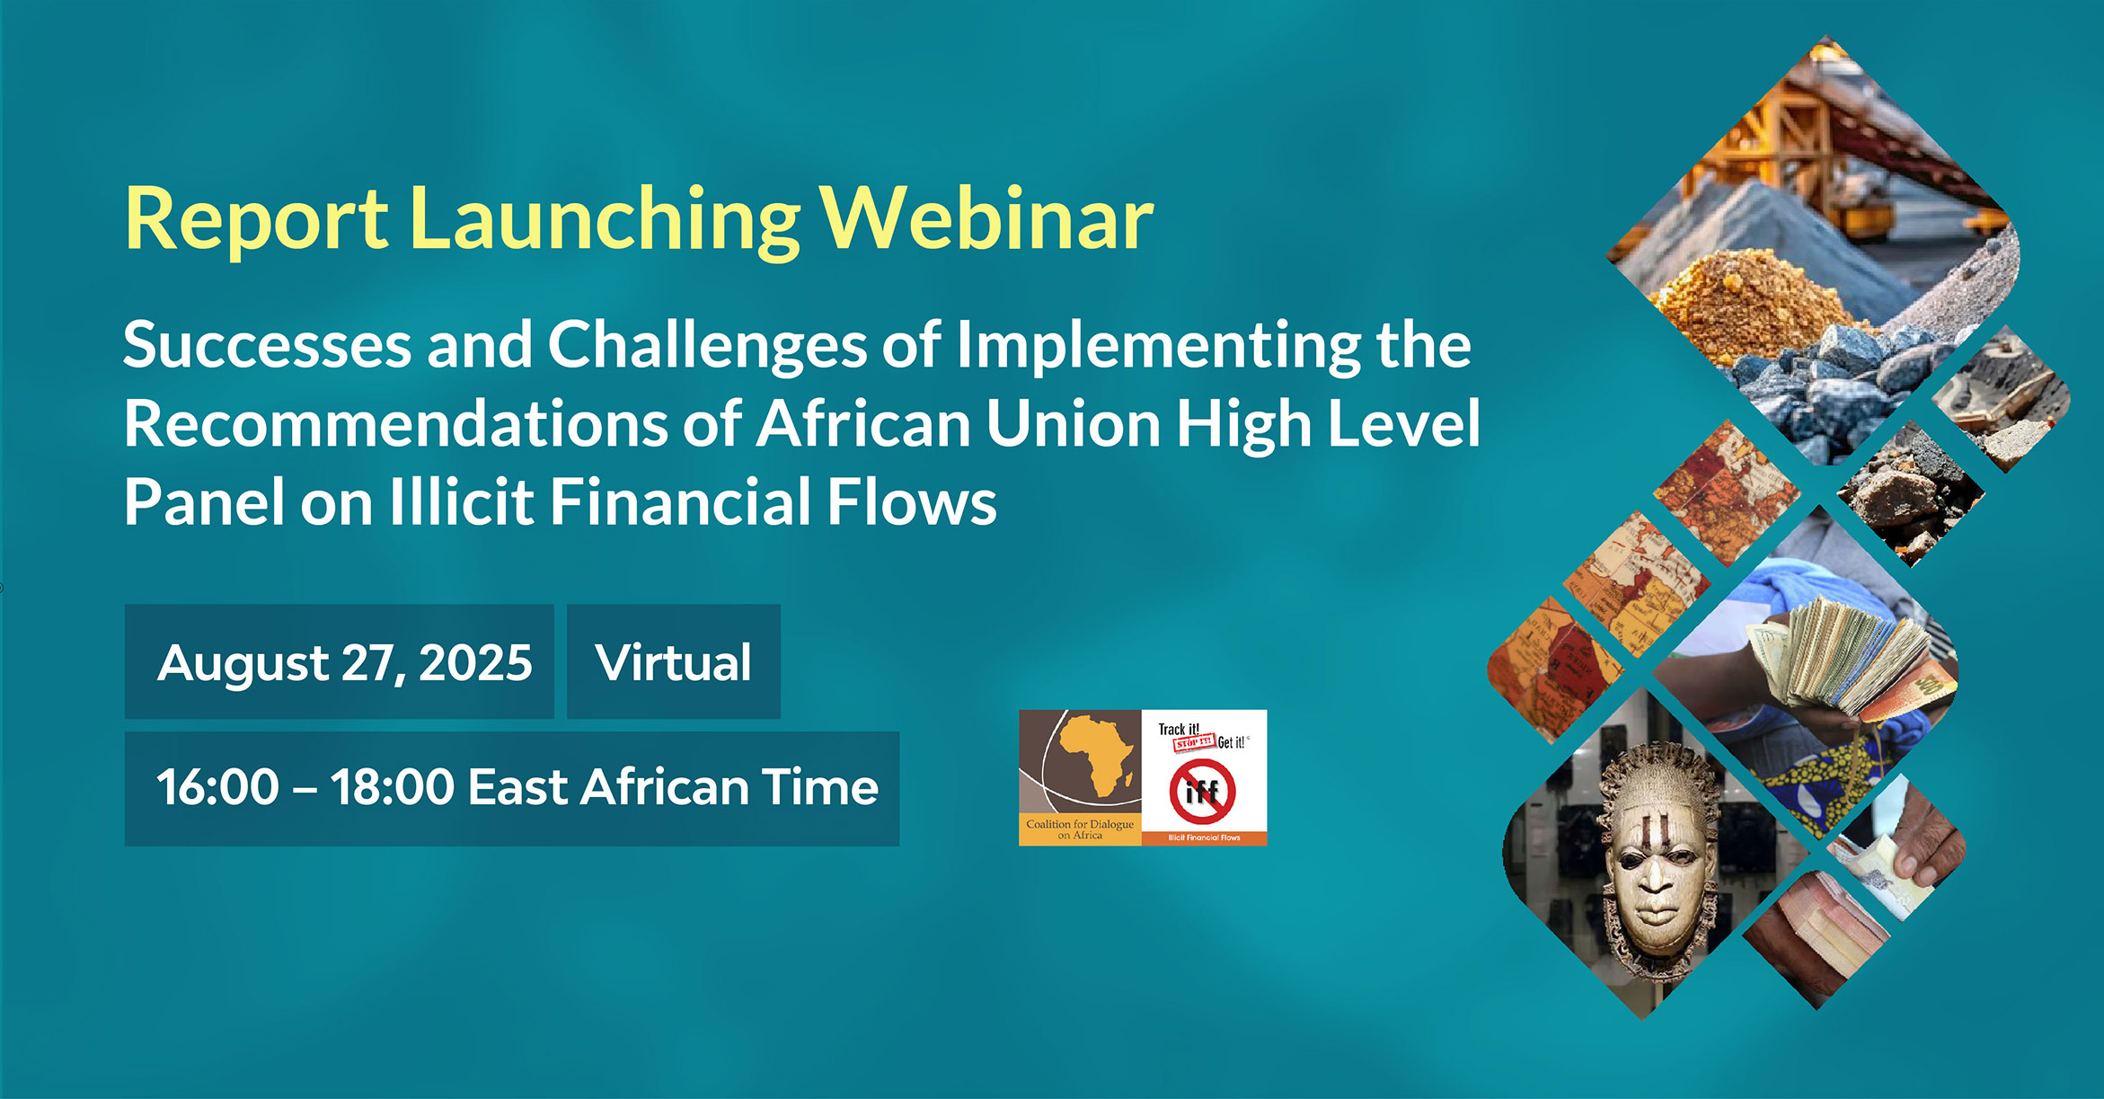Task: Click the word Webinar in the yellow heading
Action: [987, 218]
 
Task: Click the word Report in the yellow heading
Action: [256, 218]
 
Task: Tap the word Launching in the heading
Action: [605, 218]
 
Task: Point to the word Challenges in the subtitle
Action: [707, 345]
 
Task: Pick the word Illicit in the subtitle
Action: [461, 502]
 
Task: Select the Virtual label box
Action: [673, 662]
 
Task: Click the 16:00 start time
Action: [218, 788]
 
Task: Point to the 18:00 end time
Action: [392, 788]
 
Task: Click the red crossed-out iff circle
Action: [1202, 791]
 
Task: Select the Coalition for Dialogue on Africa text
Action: [1080, 829]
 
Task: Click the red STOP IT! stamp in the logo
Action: [1194, 743]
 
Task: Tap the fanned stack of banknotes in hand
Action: [1842, 656]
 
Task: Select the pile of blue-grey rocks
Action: [1833, 377]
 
